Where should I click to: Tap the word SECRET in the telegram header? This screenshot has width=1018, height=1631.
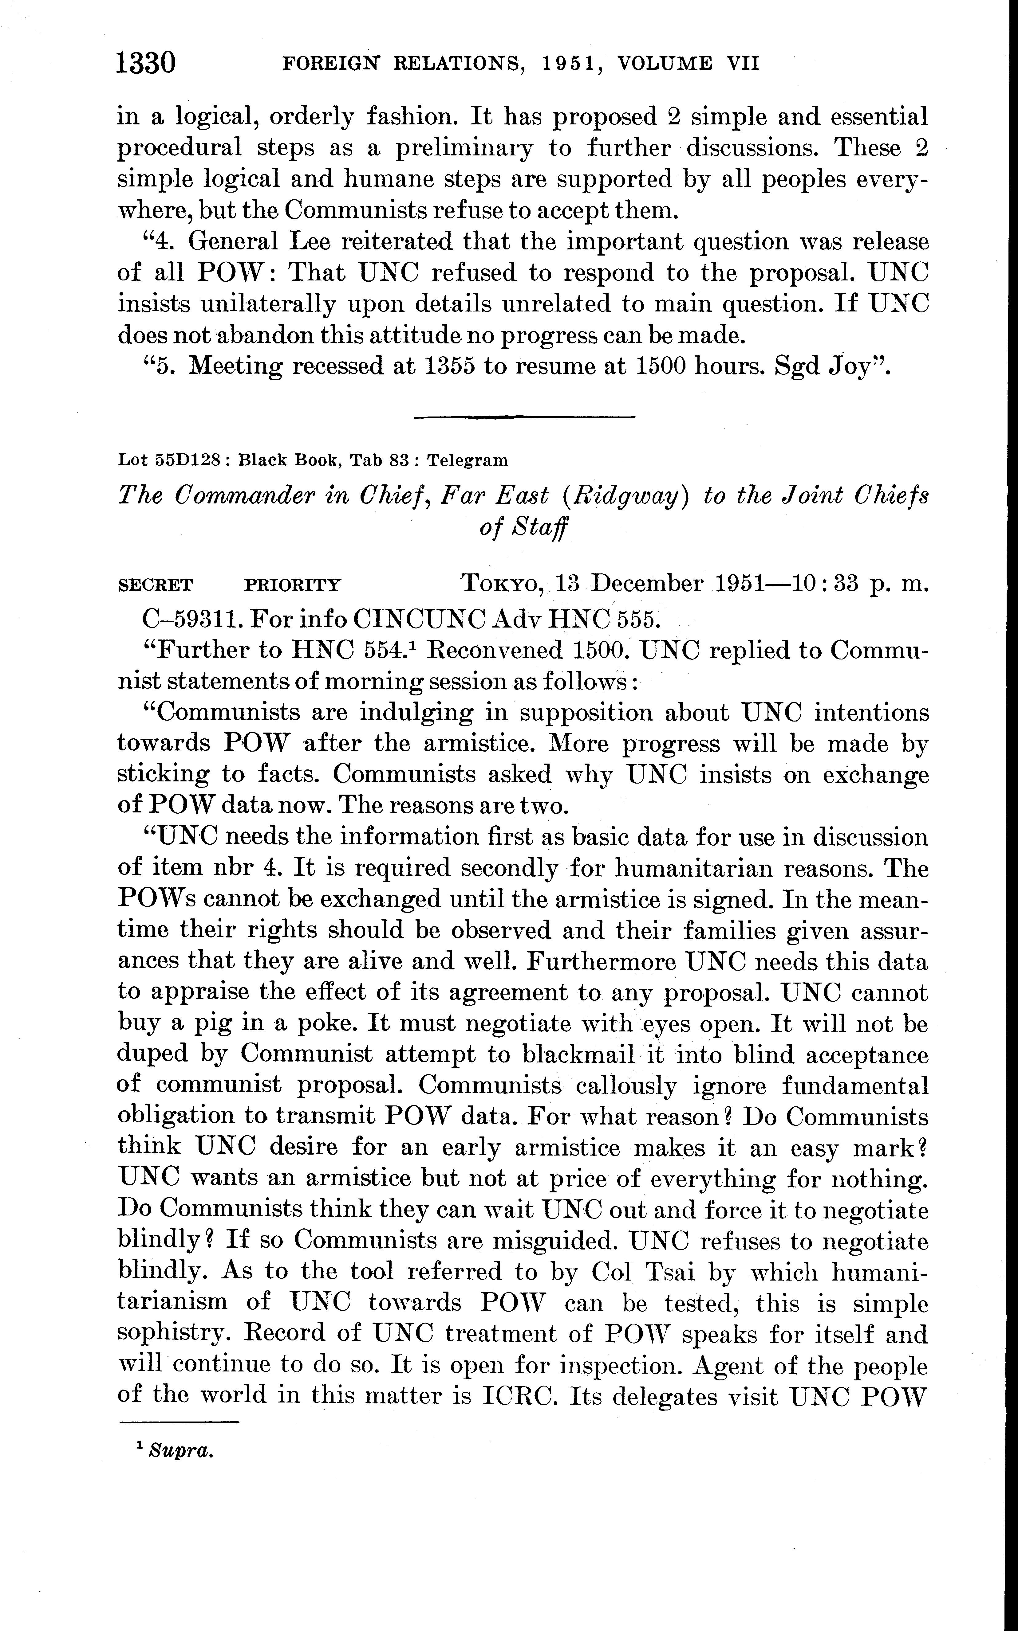coord(155,585)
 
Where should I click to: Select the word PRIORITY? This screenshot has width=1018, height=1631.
coord(292,585)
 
